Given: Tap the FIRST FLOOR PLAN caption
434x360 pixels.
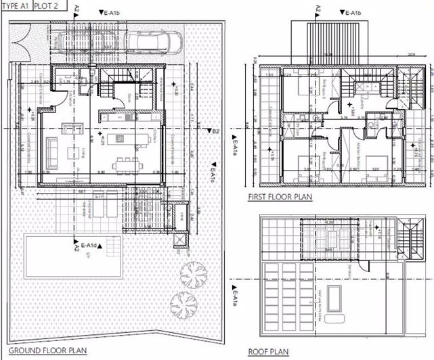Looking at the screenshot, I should (275, 198).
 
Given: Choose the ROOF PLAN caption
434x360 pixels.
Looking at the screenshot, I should (269, 352).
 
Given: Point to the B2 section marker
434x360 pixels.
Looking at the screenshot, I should (215, 131).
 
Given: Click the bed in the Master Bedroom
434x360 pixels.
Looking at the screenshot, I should (375, 164).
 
